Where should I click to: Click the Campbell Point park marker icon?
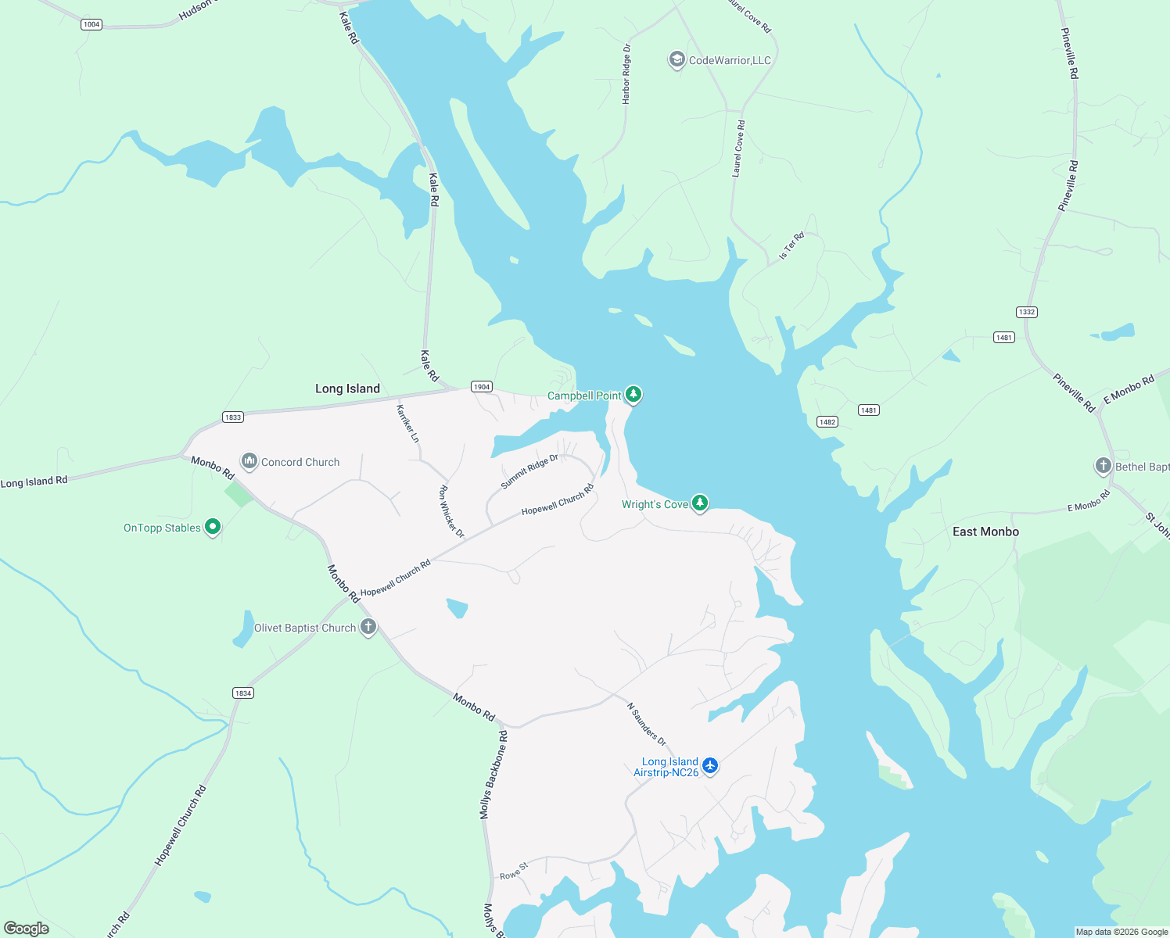pos(633,395)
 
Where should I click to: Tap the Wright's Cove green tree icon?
pos(700,503)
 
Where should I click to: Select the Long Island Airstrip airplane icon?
pos(710,765)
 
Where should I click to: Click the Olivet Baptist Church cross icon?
pos(368,627)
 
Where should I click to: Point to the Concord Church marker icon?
pos(249,461)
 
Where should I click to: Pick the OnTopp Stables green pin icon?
pos(212,527)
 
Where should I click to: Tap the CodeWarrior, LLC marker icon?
pos(676,59)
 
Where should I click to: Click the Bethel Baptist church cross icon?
pos(1103,466)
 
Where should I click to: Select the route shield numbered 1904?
pos(482,387)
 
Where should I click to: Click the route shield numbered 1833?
pos(233,417)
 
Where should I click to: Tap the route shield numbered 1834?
pos(243,693)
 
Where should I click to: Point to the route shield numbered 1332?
pos(1027,312)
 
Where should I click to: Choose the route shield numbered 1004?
pos(92,24)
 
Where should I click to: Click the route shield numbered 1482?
pos(827,422)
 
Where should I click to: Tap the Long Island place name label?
pos(347,388)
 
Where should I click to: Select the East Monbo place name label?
pos(985,532)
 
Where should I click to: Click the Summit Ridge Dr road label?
pos(529,471)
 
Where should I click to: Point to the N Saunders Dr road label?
pos(647,724)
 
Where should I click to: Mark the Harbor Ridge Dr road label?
pos(626,74)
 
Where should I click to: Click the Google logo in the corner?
pos(27,929)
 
